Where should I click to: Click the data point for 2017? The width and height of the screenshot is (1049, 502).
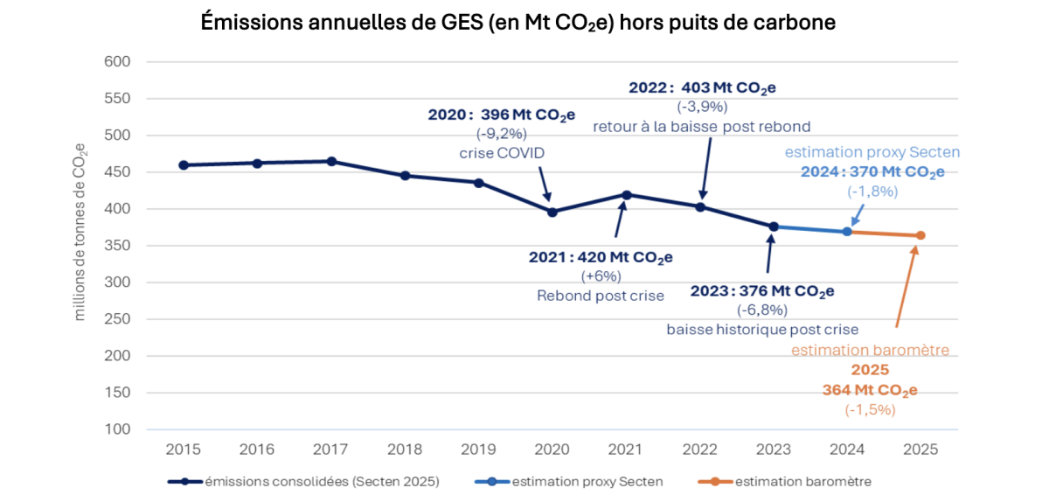[331, 161]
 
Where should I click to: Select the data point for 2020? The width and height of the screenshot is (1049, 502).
[552, 212]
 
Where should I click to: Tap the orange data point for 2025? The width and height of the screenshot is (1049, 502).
[920, 235]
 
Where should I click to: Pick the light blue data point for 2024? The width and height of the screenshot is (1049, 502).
[847, 231]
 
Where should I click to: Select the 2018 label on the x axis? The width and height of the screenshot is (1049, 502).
[405, 450]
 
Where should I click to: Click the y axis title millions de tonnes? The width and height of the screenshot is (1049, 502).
[80, 232]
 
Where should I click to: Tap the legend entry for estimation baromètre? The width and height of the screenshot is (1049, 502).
[802, 481]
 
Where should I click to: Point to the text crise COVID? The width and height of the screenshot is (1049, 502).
[501, 153]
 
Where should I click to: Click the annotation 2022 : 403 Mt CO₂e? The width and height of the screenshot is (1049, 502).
[702, 87]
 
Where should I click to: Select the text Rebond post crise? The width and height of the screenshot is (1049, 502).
[600, 296]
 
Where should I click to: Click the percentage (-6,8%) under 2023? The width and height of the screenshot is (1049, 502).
[761, 310]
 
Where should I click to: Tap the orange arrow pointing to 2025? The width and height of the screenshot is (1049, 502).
[906, 289]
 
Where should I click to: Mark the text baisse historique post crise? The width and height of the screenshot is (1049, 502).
[761, 330]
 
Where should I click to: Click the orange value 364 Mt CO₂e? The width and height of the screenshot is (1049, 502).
[869, 390]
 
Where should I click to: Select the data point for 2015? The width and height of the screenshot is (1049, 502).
[184, 164]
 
